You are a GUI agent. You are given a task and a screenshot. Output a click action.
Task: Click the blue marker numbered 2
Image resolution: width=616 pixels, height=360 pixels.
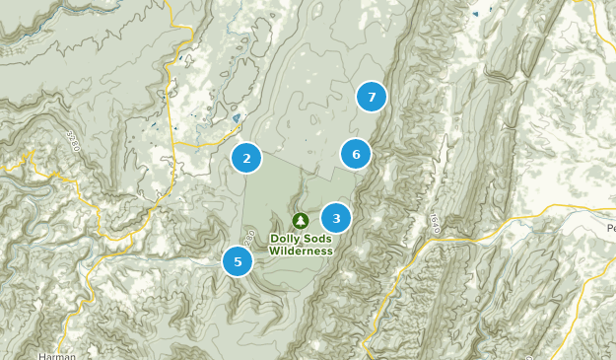[x=246, y=157]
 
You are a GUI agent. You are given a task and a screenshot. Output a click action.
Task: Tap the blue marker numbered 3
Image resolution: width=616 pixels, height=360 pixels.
[x=336, y=218]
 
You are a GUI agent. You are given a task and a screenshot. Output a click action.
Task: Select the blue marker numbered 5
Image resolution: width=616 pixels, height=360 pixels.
[x=238, y=261]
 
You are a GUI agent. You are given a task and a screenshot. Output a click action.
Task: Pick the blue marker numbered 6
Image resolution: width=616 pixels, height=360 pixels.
[x=356, y=154]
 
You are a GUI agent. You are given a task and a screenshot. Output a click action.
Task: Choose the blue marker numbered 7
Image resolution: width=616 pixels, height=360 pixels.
[x=372, y=97]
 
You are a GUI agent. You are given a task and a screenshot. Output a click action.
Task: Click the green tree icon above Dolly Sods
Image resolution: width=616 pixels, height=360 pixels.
[x=300, y=219]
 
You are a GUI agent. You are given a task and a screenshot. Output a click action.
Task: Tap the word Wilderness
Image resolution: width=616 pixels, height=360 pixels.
[x=301, y=251]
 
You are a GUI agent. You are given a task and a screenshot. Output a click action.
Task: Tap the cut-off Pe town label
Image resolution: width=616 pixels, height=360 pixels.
[x=610, y=229]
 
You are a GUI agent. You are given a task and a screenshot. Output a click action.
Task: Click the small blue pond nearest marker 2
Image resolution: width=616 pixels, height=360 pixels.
[x=236, y=119]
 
